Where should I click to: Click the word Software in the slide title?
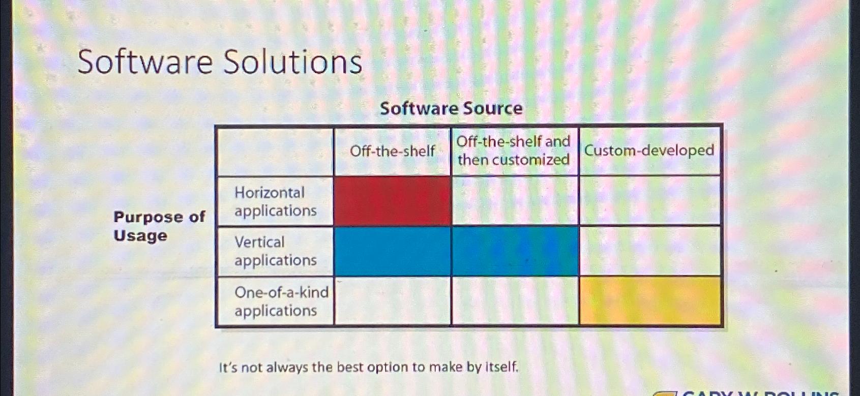click(x=145, y=62)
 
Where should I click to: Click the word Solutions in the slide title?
click(x=292, y=62)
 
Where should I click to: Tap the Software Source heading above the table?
click(x=451, y=108)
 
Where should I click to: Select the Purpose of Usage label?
click(x=159, y=226)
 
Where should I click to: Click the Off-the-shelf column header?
click(x=392, y=151)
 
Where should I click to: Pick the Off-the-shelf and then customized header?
click(x=514, y=150)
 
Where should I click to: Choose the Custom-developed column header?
click(x=649, y=150)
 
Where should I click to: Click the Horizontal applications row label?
click(x=275, y=201)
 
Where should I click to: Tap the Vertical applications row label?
click(x=275, y=251)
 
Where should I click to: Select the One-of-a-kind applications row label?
click(x=280, y=301)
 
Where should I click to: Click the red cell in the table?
click(x=392, y=201)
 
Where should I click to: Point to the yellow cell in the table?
click(x=650, y=300)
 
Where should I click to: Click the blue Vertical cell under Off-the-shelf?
click(x=392, y=251)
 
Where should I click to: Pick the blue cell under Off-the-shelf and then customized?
click(x=515, y=251)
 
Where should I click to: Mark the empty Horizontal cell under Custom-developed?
click(x=650, y=201)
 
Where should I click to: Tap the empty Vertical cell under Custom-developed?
click(x=650, y=251)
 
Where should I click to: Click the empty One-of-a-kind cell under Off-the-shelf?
click(x=392, y=300)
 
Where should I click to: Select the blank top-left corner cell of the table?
click(x=275, y=151)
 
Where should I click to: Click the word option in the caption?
click(x=390, y=367)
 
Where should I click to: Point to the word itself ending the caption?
click(x=501, y=367)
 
